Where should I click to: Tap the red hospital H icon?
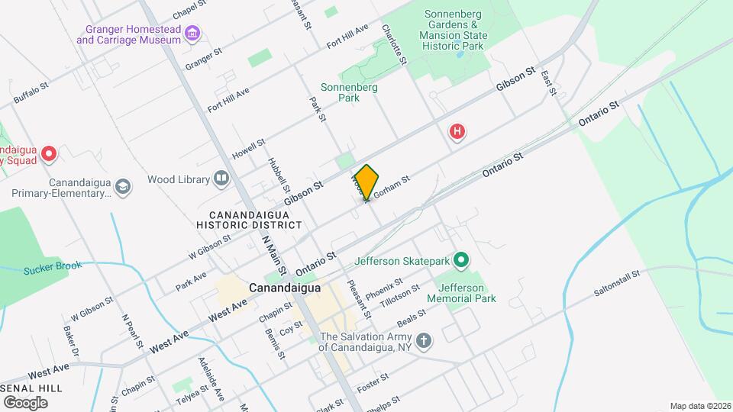[457, 133]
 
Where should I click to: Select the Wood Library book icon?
[221, 179]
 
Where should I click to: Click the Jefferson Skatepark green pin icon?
[460, 262]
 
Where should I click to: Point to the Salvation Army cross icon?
[424, 340]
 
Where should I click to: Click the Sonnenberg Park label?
[349, 92]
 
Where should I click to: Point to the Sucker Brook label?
[52, 269]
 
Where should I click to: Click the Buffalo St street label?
[31, 94]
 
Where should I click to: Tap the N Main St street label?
[272, 255]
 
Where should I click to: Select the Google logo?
[25, 402]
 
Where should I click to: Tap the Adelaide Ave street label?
[211, 378]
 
